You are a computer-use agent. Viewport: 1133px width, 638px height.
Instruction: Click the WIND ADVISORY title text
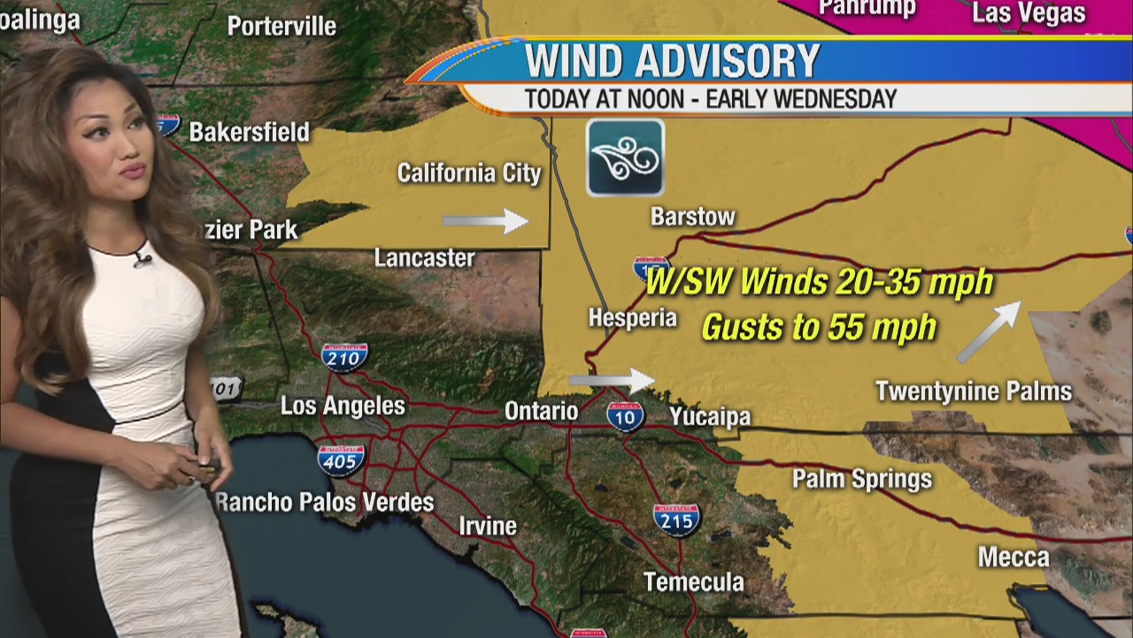[673, 61]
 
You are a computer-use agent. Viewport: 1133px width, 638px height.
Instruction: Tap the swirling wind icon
[625, 158]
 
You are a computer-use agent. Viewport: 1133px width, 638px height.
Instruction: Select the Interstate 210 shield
[343, 356]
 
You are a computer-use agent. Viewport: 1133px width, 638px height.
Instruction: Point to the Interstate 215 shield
[677, 519]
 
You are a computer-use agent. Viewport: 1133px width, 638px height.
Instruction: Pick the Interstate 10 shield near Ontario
[625, 415]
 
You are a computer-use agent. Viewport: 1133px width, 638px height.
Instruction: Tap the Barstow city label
[692, 216]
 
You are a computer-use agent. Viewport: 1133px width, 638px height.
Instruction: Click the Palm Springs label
[861, 479]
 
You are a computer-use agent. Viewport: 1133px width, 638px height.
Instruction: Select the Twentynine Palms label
[973, 391]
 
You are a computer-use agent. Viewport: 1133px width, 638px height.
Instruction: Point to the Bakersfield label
[249, 133]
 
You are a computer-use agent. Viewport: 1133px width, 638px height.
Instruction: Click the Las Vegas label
[1028, 13]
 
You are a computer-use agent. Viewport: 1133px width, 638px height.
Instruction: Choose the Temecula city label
[693, 582]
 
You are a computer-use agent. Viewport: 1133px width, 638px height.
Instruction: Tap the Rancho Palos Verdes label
[325, 502]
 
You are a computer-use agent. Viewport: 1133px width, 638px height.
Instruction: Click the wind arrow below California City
[485, 221]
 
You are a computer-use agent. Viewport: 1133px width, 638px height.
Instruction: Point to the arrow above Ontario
[611, 380]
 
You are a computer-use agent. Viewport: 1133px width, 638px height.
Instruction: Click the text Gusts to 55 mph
[819, 328]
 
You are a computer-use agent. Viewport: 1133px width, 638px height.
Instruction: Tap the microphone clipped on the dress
[142, 260]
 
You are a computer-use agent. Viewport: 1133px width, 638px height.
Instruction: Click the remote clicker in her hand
[209, 469]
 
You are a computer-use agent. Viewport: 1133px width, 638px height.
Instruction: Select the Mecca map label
[1013, 557]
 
